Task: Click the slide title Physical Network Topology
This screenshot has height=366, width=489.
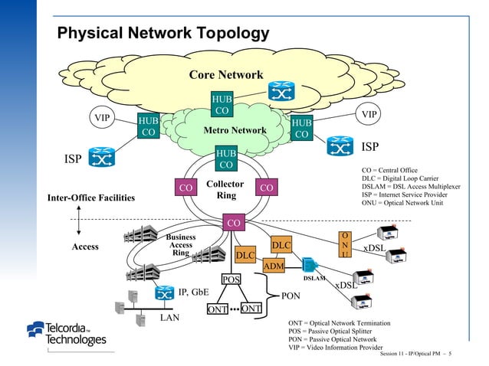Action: pos(163,34)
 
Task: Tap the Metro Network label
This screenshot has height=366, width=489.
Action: pos(235,131)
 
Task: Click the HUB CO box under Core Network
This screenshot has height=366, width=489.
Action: pos(222,106)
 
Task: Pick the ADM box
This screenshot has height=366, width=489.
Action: pos(274,266)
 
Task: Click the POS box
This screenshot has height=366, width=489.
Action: pos(231,280)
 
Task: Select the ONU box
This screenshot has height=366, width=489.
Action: pos(346,245)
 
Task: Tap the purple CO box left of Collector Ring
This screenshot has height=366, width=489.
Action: pos(184,188)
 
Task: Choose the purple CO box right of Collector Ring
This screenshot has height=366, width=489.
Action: pos(267,188)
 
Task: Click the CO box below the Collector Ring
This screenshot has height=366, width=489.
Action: pos(234,223)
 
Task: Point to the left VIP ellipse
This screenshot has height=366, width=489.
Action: pos(101,119)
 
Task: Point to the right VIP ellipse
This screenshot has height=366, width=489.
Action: pos(369,114)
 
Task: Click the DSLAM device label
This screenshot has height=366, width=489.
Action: pos(315,279)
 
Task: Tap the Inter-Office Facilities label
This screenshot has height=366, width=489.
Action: pos(90,199)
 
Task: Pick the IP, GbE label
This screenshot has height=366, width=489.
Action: pos(193,292)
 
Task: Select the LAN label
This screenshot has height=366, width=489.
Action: pos(171,317)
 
